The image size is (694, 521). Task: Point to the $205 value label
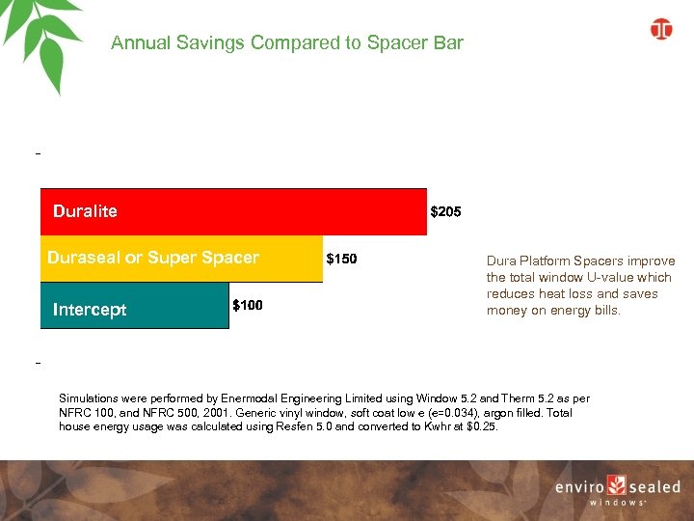(x=445, y=211)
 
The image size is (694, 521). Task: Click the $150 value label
(x=342, y=259)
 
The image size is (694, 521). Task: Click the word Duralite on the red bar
(x=85, y=211)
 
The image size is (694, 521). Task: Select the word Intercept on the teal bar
(x=89, y=311)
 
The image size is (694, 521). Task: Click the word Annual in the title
(x=138, y=43)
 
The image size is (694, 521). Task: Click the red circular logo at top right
(x=661, y=30)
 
